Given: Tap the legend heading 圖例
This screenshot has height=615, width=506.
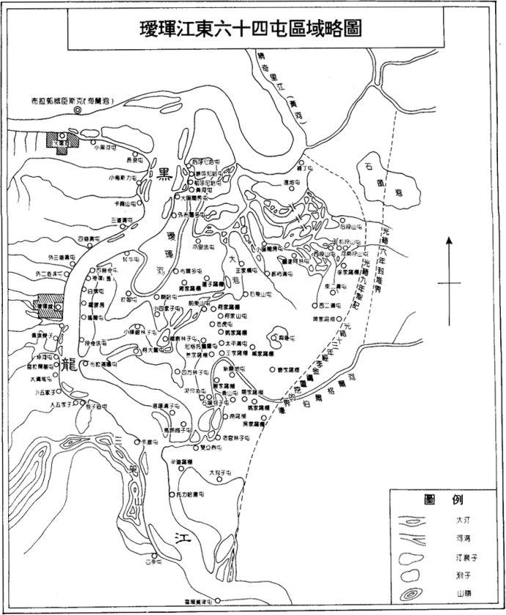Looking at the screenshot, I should click(446, 499).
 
